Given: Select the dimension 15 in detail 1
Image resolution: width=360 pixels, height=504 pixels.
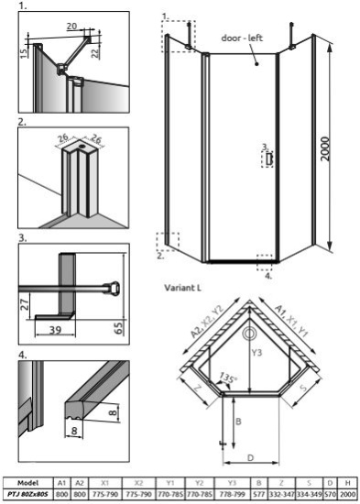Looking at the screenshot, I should tap(25, 53).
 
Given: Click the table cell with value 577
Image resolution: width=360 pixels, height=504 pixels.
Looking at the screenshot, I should tap(260, 495).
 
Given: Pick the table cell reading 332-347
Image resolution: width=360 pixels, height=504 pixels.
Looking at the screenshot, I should tap(283, 495).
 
